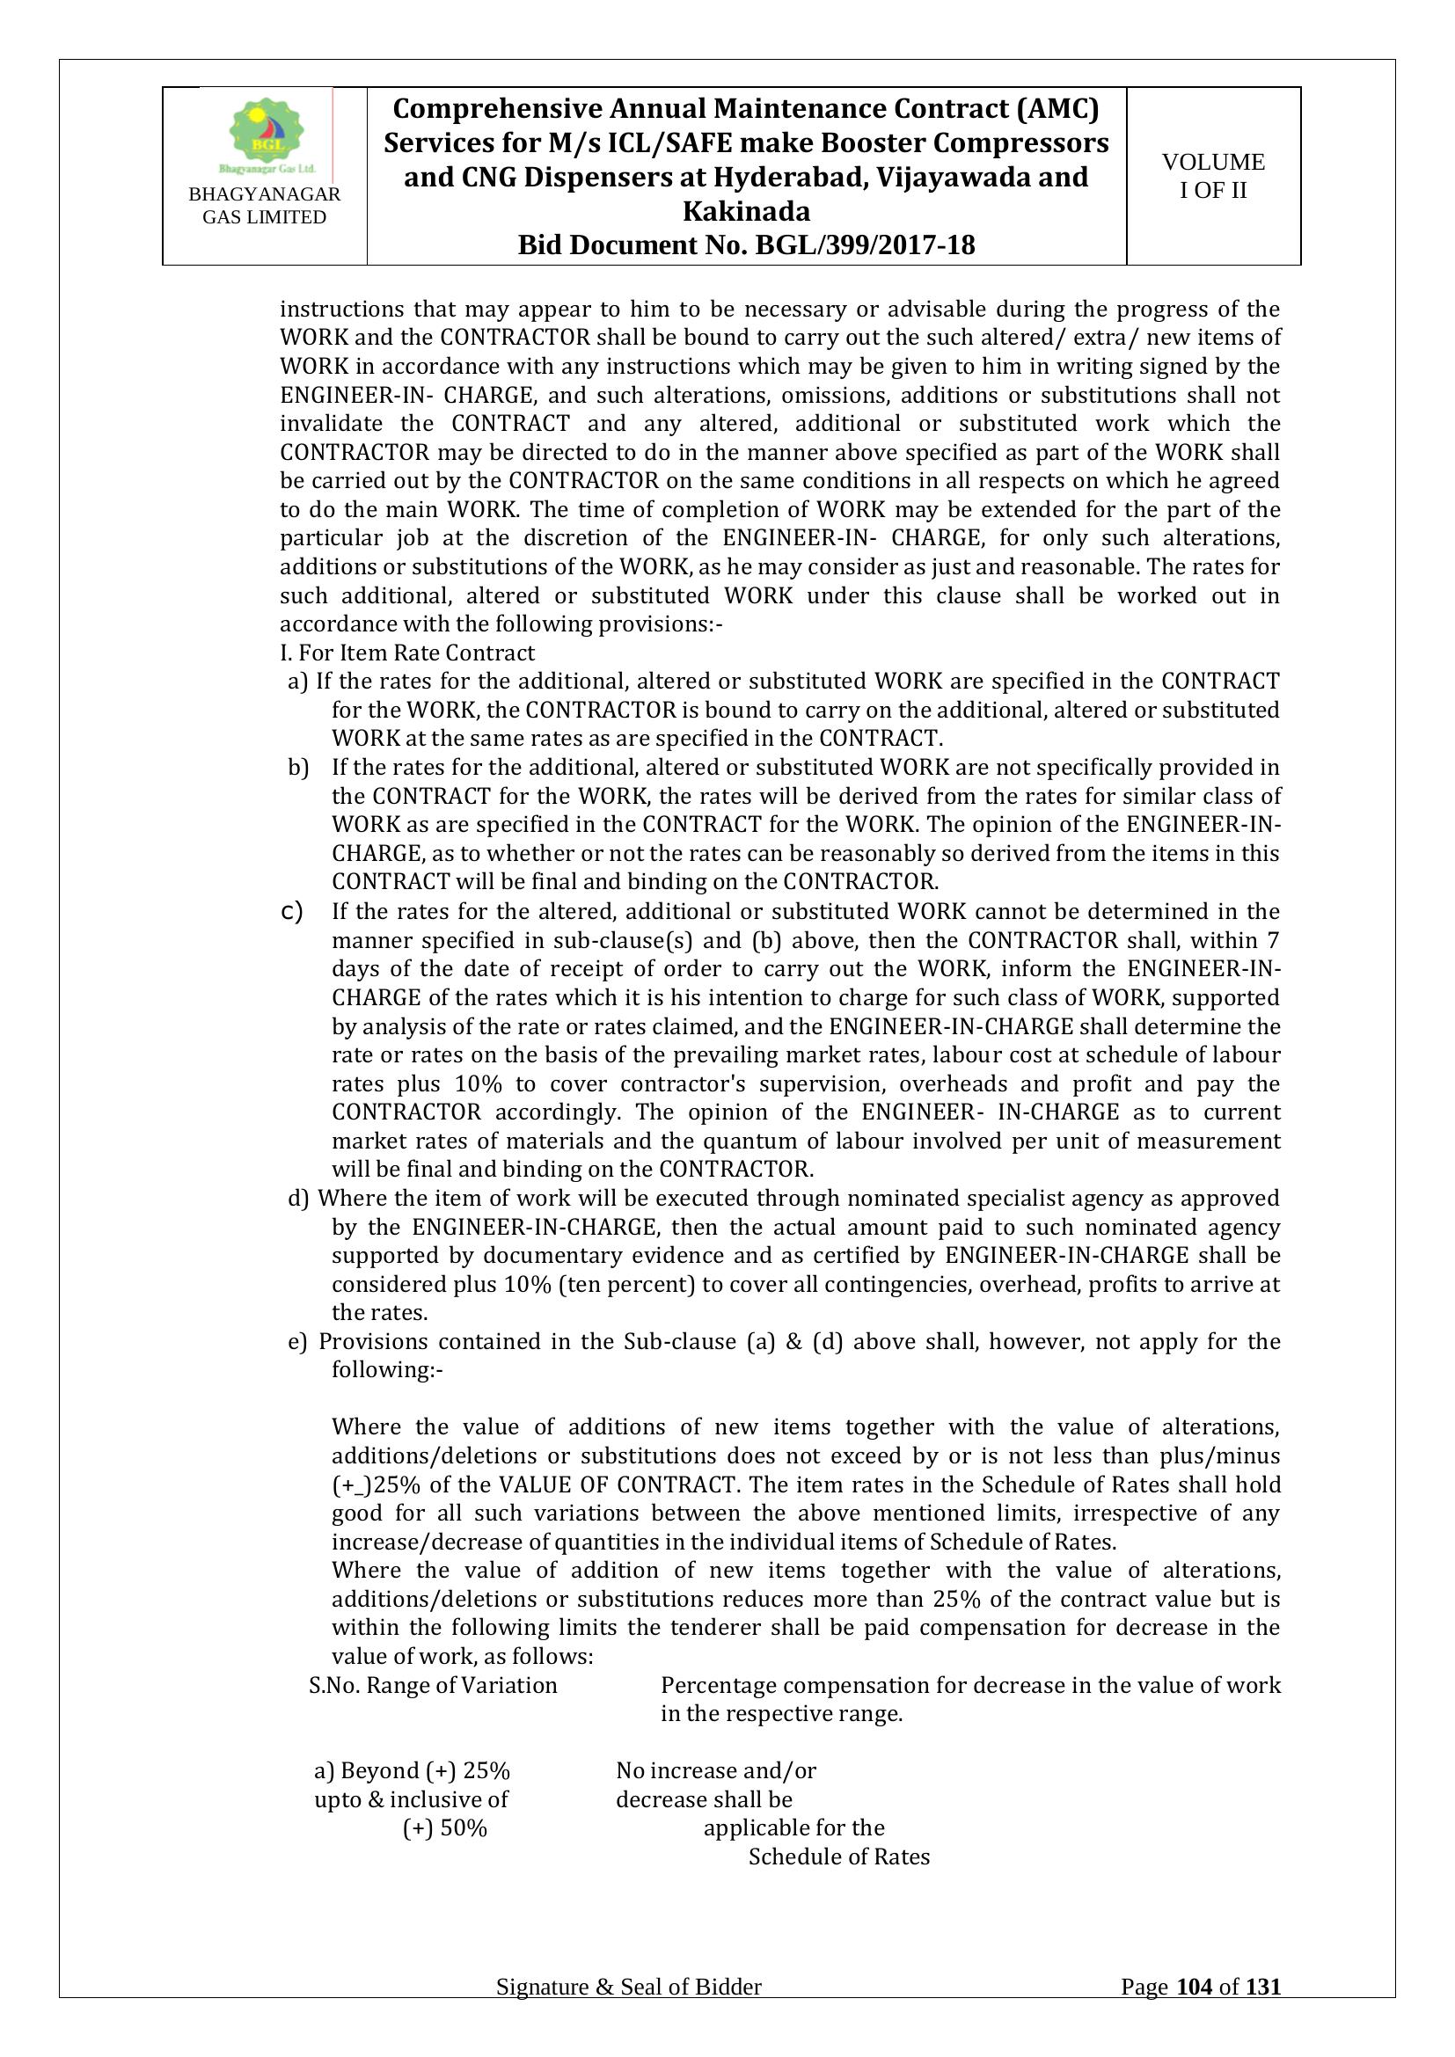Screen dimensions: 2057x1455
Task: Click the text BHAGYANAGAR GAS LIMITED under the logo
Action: click(x=264, y=205)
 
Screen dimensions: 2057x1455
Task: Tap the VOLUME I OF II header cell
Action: click(x=1213, y=176)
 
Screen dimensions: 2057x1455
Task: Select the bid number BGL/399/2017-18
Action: click(x=866, y=244)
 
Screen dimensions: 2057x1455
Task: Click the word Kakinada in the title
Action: click(x=746, y=211)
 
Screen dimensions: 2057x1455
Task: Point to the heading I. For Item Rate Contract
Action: click(x=406, y=653)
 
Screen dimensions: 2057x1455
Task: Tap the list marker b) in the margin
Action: click(x=297, y=767)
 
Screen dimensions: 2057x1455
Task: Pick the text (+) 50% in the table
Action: click(x=444, y=1827)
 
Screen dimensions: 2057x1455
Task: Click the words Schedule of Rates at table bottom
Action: click(x=838, y=1856)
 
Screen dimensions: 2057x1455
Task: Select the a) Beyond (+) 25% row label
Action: click(x=412, y=1770)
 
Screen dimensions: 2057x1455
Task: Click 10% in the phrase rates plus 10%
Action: click(x=479, y=1083)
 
